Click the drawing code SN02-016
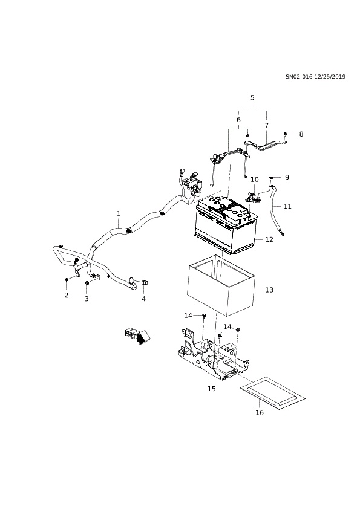pos(299,77)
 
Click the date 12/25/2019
pos(330,77)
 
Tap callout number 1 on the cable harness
pos(119,213)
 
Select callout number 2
pos(67,295)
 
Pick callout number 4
pos(143,298)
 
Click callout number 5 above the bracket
pos(252,97)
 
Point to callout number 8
pos(301,134)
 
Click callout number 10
pos(255,180)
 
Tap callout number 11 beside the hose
pos(287,206)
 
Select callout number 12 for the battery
pos(269,239)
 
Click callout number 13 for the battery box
pos(269,290)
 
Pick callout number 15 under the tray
pos(212,389)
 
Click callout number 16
pos(260,413)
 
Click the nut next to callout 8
pos(285,134)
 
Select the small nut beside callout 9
pos(271,177)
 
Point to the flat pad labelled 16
pos(273,394)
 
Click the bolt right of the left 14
pos(204,315)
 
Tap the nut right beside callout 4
pos(145,283)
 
